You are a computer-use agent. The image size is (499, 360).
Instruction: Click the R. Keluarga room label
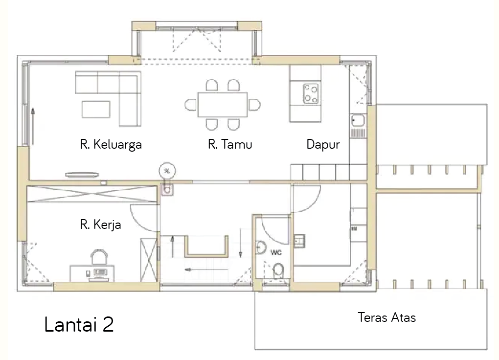tap(111, 144)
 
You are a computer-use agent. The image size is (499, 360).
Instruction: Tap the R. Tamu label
tap(230, 144)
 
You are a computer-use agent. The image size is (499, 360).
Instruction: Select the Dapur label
tap(323, 144)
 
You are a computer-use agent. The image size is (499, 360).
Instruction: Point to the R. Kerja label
tap(101, 225)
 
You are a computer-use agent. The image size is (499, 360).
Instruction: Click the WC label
tap(276, 252)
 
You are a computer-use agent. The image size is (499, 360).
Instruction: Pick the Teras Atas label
tap(386, 317)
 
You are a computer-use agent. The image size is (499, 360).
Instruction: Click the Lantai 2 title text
tap(79, 324)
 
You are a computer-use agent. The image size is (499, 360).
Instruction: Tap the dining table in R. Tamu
tap(223, 104)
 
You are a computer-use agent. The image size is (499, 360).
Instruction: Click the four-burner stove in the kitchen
tap(311, 93)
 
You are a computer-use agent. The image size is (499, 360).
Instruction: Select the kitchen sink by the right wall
tap(358, 121)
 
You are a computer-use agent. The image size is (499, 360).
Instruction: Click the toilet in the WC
tap(278, 270)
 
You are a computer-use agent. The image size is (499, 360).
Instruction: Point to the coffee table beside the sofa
tap(96, 109)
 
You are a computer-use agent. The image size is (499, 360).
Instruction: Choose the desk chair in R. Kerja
tap(99, 257)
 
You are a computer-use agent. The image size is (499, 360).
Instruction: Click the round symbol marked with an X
tap(167, 171)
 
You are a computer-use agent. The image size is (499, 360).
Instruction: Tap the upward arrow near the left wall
tap(33, 126)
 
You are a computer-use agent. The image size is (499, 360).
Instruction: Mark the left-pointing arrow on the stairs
tap(206, 270)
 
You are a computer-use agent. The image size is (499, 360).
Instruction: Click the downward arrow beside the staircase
tap(240, 243)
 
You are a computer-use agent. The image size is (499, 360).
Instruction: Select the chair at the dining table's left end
tap(191, 105)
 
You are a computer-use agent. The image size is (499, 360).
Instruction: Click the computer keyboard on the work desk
tap(100, 272)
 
